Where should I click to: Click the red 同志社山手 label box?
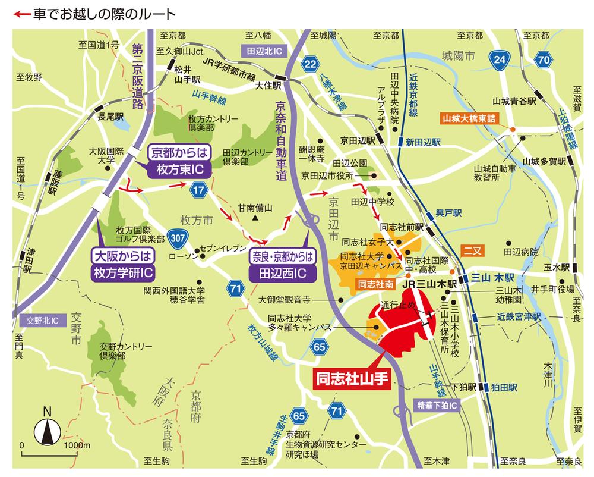point(351,378)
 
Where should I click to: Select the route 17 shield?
point(198,190)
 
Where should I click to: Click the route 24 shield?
point(499,59)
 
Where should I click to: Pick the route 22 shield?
point(310,64)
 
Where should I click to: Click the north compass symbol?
point(48,429)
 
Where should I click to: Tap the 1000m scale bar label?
point(76,445)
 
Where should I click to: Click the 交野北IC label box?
point(43,321)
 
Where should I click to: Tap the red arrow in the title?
point(12,12)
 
